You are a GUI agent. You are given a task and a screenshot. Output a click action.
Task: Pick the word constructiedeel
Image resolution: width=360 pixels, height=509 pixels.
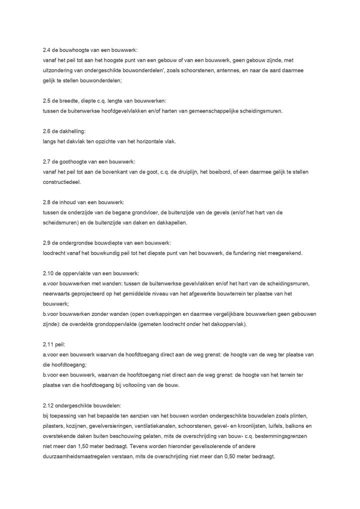coord(62,182)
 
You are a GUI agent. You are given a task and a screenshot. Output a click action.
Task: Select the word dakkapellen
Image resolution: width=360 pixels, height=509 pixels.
coord(172,222)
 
